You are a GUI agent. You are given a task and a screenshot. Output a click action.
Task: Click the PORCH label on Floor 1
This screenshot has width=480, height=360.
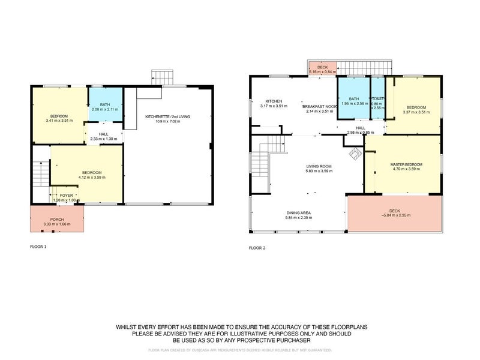57,220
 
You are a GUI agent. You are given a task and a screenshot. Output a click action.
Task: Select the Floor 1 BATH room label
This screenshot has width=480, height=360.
106,104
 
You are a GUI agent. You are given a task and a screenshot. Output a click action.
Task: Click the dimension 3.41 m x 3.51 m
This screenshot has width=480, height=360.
59,121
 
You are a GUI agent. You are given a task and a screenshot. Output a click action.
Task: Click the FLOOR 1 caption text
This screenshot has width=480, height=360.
38,247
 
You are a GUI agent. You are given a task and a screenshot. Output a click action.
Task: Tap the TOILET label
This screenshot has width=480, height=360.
377,98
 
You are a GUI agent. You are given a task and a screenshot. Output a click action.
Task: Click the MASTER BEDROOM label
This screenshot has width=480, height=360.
406,164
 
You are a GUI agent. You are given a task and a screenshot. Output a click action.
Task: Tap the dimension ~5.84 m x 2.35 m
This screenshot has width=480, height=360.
394,215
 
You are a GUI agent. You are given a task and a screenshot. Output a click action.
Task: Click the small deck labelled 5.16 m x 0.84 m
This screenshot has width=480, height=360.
322,68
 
